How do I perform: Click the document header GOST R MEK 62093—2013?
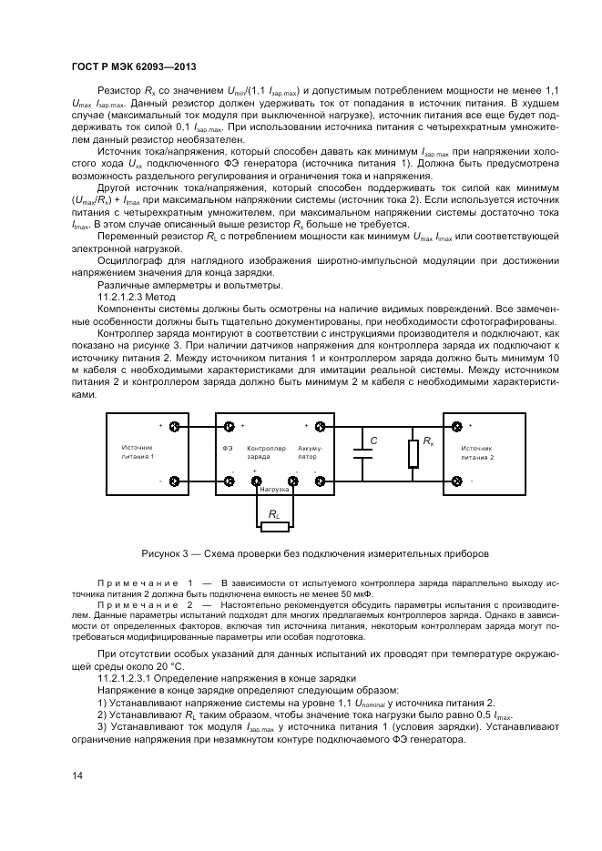pyautogui.click(x=134, y=66)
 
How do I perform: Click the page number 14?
pyautogui.click(x=77, y=775)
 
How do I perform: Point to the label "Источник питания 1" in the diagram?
pyautogui.click(x=138, y=452)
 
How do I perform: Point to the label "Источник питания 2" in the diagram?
pyautogui.click(x=477, y=452)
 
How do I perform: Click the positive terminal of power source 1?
pyautogui.click(x=174, y=426)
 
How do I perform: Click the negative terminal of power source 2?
pyautogui.click(x=456, y=481)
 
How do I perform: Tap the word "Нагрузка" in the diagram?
pyautogui.click(x=274, y=490)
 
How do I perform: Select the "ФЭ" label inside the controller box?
pyautogui.click(x=228, y=449)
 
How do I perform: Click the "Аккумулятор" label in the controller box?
pyautogui.click(x=308, y=452)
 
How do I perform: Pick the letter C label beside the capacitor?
pyautogui.click(x=373, y=441)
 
